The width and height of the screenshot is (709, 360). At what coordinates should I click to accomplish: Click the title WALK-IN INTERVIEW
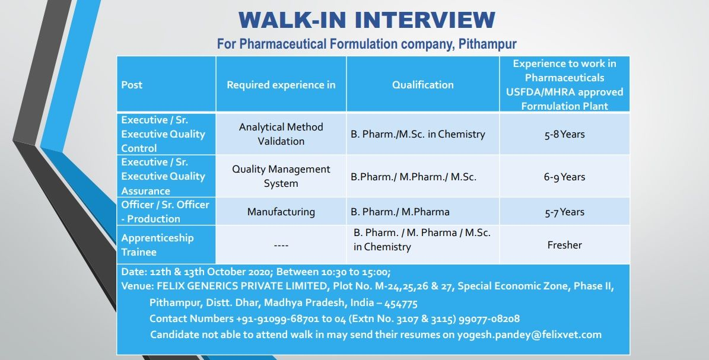click(x=367, y=20)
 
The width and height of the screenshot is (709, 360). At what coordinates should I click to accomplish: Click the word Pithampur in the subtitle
click(x=487, y=44)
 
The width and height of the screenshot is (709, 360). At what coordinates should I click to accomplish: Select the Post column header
click(x=132, y=85)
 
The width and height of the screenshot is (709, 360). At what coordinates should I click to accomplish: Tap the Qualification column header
click(x=422, y=85)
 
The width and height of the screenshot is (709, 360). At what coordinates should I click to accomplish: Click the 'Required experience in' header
click(x=281, y=85)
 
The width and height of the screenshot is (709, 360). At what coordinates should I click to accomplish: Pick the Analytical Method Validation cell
click(x=281, y=134)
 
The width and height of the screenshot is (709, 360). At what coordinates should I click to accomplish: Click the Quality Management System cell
click(x=281, y=176)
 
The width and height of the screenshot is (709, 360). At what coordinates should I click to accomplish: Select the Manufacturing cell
click(x=281, y=212)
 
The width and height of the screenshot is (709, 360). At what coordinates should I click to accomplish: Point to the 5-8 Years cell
click(x=564, y=135)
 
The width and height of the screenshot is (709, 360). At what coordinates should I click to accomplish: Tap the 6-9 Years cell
click(x=564, y=177)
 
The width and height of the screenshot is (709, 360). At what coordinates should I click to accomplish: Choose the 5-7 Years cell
click(x=564, y=212)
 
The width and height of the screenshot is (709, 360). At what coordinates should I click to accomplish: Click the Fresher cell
click(x=564, y=245)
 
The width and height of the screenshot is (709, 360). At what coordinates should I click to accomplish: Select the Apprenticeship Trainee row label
click(x=157, y=245)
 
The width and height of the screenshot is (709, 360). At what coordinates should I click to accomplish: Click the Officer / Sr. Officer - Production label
click(x=164, y=212)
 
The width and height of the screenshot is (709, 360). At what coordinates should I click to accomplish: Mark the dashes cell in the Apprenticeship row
click(x=281, y=246)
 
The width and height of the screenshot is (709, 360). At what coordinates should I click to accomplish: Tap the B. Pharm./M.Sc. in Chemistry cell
click(x=417, y=135)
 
